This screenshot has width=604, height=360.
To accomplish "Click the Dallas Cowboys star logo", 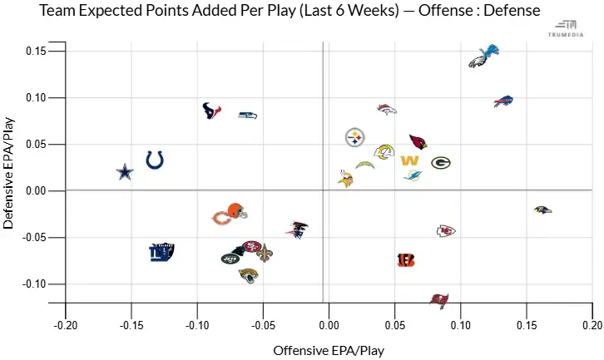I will [x=124, y=172].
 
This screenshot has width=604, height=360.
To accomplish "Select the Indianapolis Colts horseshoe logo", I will [x=155, y=160].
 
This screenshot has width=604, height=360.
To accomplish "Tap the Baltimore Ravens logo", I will [x=542, y=210].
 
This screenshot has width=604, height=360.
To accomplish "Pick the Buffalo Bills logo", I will [x=503, y=101].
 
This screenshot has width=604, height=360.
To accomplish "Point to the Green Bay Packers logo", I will [x=441, y=163].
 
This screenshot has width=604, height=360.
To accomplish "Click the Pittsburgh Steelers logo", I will [x=355, y=137].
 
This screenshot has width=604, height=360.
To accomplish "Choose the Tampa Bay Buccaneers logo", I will [x=439, y=298].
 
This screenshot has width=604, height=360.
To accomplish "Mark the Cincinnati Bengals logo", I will [x=406, y=260].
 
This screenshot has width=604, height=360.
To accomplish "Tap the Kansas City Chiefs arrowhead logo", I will [x=447, y=230].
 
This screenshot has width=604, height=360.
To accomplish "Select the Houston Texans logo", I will [x=212, y=110].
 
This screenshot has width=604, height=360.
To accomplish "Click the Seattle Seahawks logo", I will [x=247, y=115].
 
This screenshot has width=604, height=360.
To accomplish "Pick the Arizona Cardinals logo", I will [x=418, y=142].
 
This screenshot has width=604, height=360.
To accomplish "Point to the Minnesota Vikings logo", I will [x=346, y=177].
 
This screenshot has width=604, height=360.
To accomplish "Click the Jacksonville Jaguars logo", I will [x=248, y=274].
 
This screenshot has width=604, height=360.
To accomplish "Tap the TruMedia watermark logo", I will [x=571, y=28].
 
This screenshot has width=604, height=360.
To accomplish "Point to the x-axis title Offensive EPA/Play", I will [x=329, y=350].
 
